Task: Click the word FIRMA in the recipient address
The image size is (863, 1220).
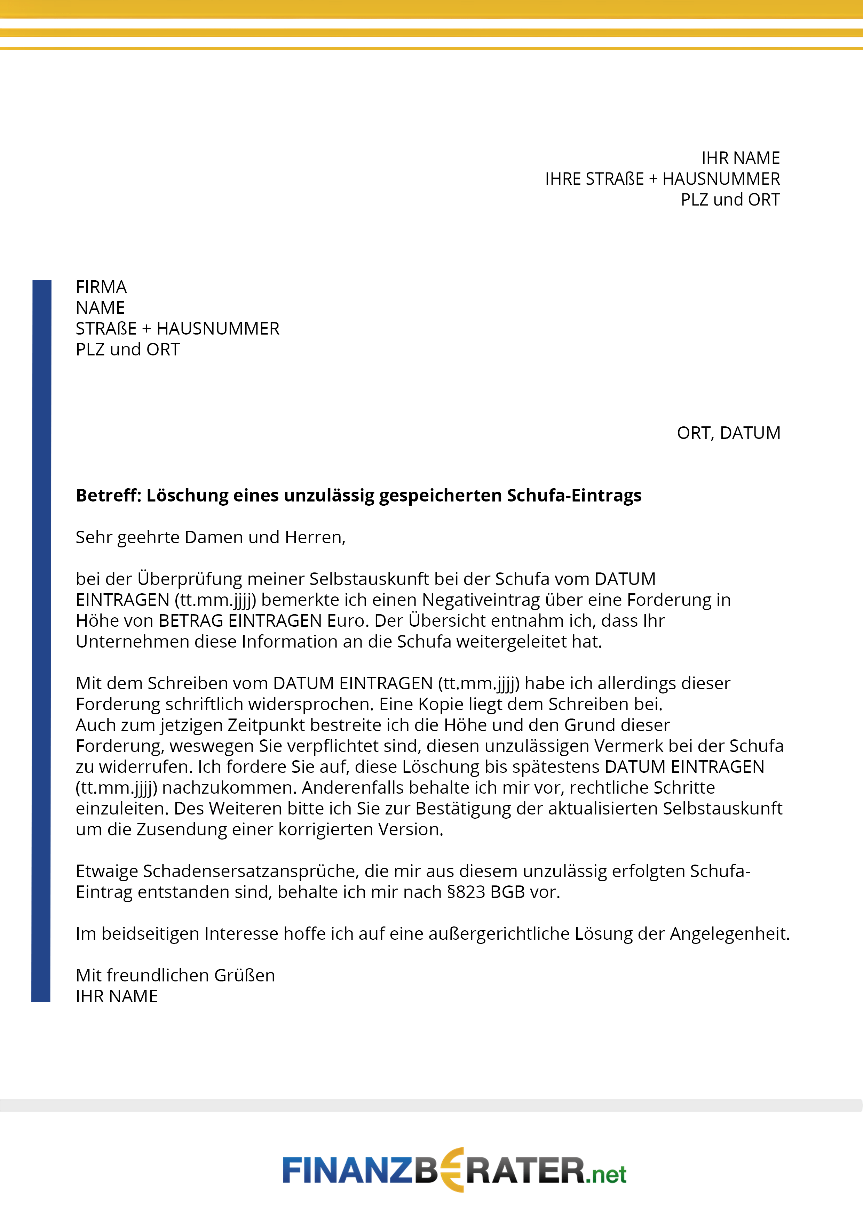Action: (x=101, y=287)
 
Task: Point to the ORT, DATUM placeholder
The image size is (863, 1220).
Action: (x=728, y=433)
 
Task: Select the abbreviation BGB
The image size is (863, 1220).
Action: (x=507, y=892)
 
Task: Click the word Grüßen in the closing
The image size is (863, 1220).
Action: (x=245, y=976)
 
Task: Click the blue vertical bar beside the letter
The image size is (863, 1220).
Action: (x=41, y=637)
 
